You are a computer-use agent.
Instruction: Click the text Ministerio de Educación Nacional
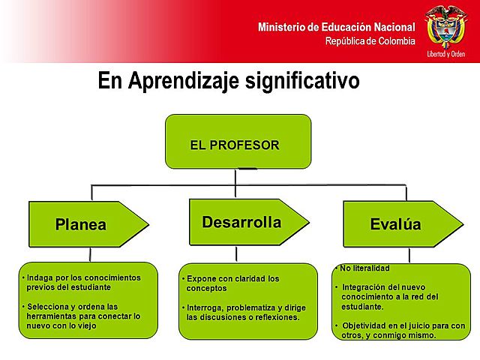tap(336, 27)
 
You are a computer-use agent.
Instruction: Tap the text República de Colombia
tap(370, 41)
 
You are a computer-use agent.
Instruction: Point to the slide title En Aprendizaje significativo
tap(229, 81)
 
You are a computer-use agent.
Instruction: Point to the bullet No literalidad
tap(364, 268)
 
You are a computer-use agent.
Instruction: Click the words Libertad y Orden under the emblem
tap(446, 54)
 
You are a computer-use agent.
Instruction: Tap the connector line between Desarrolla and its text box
tap(235, 253)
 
